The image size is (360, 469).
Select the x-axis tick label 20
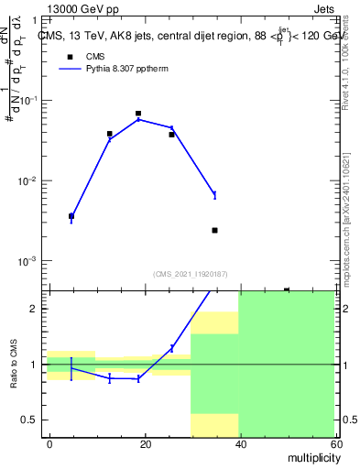[144, 444]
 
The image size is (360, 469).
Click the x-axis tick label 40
[239, 444]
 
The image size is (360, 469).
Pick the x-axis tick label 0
[49, 444]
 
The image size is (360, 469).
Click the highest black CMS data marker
[138, 114]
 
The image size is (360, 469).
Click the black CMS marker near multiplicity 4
[71, 216]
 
